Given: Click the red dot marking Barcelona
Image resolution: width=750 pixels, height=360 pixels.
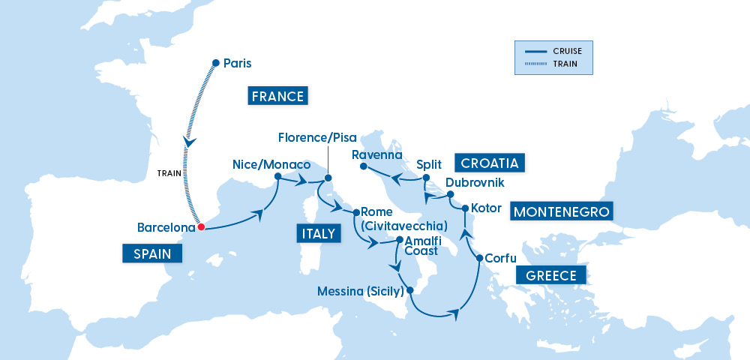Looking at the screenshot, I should (x=201, y=227).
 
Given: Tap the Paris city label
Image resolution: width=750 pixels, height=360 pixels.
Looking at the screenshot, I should (x=238, y=64).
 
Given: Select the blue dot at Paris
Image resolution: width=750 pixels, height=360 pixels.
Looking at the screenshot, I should (x=216, y=63).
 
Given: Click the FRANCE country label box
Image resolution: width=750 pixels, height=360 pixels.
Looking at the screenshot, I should (x=277, y=96).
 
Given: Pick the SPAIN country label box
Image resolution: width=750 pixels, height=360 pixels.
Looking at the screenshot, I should (x=153, y=254).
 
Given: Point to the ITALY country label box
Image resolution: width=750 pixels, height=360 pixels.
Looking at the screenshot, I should (x=318, y=234).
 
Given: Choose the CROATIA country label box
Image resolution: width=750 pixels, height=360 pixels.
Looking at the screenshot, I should (x=491, y=163).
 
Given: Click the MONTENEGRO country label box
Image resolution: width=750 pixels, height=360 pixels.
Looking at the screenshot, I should (x=561, y=211).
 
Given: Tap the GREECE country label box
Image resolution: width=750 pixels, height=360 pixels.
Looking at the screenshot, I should (x=550, y=275).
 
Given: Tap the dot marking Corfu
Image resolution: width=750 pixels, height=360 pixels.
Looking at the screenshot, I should (x=479, y=259).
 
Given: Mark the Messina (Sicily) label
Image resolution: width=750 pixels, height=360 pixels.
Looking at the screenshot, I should (x=361, y=291).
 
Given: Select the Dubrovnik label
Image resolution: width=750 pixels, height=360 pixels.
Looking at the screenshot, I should (x=475, y=182).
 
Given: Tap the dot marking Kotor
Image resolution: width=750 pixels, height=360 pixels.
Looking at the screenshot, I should (x=465, y=208).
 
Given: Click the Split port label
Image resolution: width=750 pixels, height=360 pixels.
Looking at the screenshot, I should (x=430, y=163).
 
